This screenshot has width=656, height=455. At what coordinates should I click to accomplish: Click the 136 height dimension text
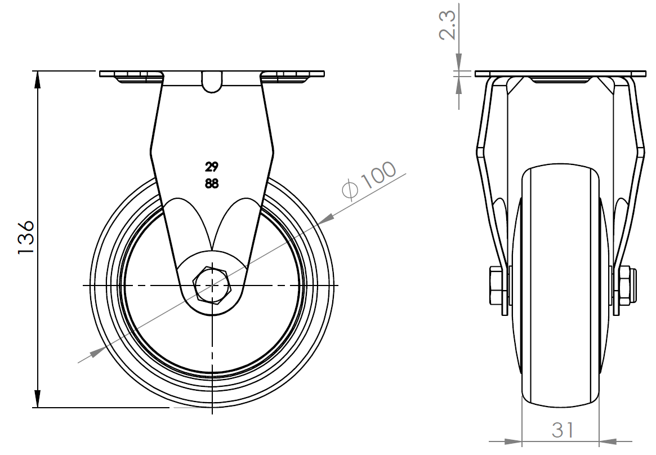tap(26, 237)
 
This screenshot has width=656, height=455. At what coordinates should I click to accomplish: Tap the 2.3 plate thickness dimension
tap(447, 25)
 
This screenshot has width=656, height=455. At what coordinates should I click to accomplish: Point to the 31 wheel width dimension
tap(563, 430)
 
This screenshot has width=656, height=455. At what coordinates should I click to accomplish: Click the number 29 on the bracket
tap(211, 167)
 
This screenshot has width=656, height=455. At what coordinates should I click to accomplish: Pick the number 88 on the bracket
tap(212, 184)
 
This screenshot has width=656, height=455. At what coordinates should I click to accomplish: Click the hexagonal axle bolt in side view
tap(212, 285)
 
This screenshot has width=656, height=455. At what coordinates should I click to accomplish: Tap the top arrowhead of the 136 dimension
tap(38, 79)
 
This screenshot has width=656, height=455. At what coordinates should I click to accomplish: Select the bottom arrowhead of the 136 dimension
tap(38, 399)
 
